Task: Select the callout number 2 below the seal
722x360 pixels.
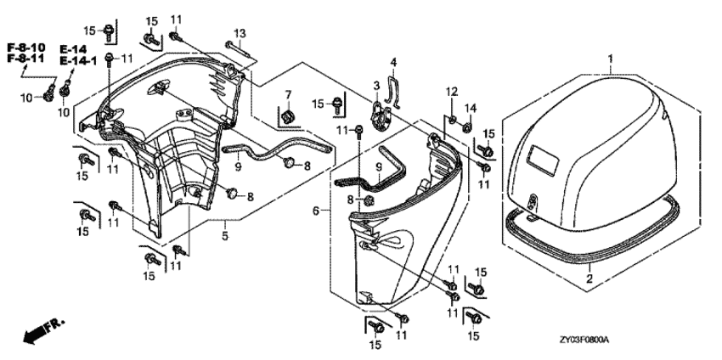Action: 589,278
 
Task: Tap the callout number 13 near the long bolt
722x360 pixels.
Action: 240,33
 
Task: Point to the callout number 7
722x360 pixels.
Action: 287,93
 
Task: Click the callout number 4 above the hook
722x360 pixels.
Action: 393,62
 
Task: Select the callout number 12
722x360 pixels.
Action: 453,91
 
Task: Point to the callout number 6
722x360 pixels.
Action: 315,210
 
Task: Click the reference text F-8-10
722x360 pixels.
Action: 25,46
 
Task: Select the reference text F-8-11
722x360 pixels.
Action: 25,59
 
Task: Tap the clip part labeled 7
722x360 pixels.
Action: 286,114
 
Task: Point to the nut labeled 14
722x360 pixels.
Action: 467,127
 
